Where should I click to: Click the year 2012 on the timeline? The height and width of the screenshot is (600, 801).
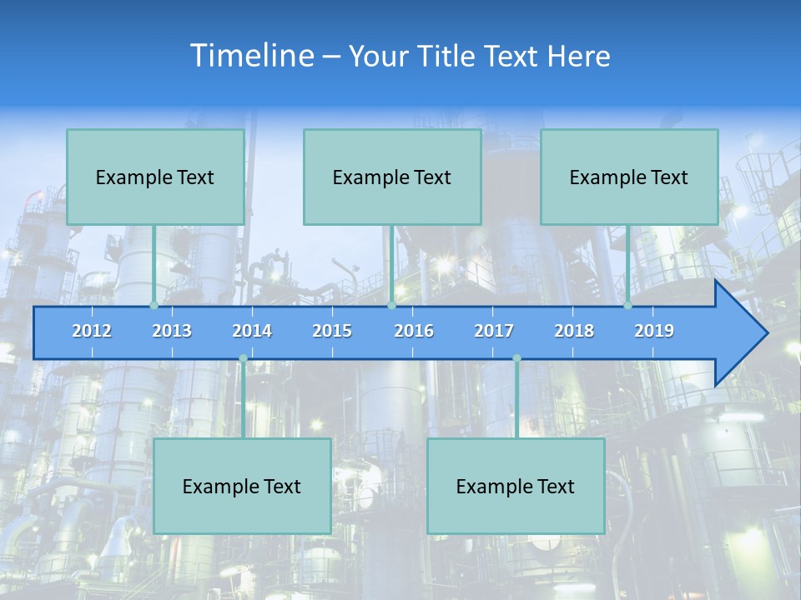click(92, 331)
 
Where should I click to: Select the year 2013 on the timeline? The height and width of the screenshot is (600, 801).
click(172, 331)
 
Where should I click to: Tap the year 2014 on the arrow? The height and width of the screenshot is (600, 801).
click(252, 331)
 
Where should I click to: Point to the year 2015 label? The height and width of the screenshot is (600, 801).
click(332, 331)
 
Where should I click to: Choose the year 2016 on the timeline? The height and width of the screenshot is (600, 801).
click(414, 331)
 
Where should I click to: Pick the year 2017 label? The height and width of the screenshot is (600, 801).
click(494, 331)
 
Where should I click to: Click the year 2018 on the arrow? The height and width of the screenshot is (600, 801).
click(574, 331)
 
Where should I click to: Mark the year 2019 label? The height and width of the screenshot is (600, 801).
click(654, 331)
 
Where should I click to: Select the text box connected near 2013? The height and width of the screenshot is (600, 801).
click(155, 177)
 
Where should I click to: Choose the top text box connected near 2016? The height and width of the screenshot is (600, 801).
click(392, 177)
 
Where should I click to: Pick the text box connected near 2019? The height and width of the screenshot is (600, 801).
click(629, 177)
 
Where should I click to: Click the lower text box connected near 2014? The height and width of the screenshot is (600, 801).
click(242, 486)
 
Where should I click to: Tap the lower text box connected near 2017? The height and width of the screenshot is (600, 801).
click(516, 486)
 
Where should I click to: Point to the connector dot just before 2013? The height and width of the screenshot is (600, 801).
click(154, 305)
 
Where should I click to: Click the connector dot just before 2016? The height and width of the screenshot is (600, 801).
click(391, 305)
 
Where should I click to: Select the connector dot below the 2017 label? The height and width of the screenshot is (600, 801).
click(516, 358)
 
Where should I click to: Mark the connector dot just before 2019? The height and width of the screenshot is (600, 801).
click(627, 305)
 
